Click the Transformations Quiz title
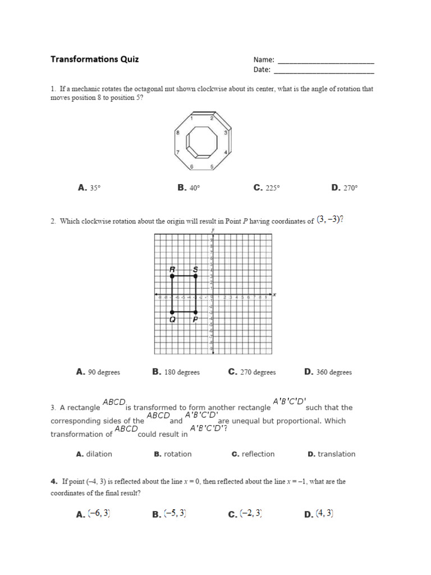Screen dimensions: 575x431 [x=94, y=59]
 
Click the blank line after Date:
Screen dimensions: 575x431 [x=323, y=72]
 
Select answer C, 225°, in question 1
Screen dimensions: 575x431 [x=266, y=188]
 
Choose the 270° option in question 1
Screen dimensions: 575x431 [x=344, y=188]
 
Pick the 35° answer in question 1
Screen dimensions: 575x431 [x=89, y=188]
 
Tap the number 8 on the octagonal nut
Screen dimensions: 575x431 [x=178, y=133]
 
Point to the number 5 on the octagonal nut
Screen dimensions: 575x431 [x=212, y=167]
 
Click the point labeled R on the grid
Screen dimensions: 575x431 [x=172, y=276]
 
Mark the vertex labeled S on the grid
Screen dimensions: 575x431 [x=195, y=276]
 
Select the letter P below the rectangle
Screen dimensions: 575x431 [x=195, y=320]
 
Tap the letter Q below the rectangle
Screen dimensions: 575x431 [x=172, y=320]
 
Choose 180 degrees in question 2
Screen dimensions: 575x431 [x=176, y=372]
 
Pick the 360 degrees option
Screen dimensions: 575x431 [x=328, y=372]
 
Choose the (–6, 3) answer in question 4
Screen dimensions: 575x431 [x=93, y=513]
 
